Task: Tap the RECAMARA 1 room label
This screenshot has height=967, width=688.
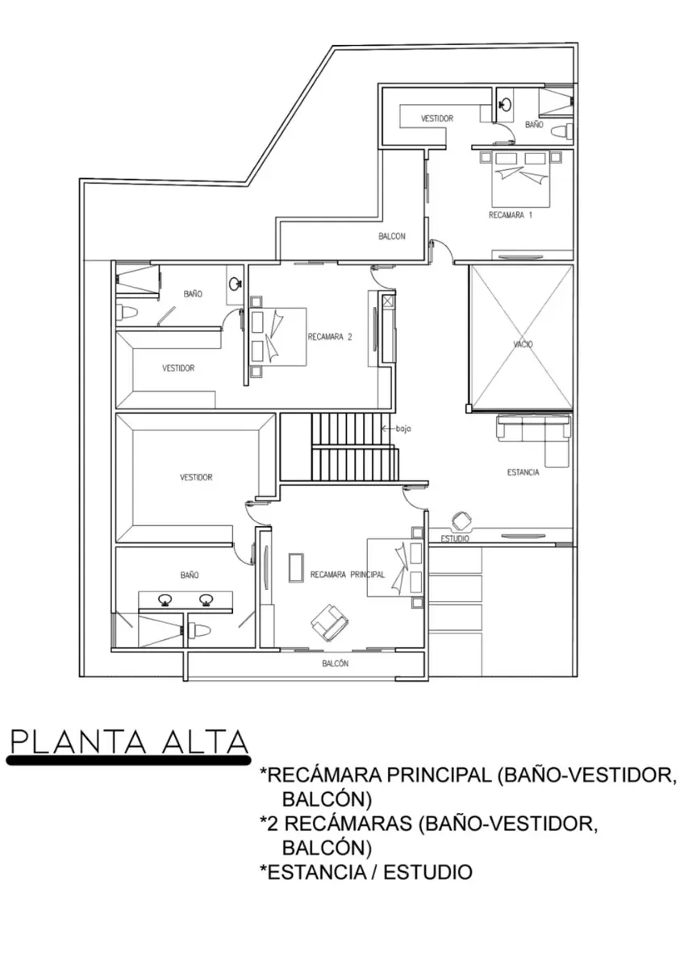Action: click(x=510, y=215)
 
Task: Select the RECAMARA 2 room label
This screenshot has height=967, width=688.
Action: click(x=330, y=337)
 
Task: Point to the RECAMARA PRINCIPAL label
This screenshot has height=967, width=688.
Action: click(x=348, y=575)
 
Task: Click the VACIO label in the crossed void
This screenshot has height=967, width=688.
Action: click(x=523, y=345)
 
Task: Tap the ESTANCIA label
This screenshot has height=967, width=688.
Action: click(x=523, y=472)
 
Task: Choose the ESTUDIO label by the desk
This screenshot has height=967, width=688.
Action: click(x=455, y=539)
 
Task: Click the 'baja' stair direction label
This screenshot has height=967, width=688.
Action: click(x=403, y=429)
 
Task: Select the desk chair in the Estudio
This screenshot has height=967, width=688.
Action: click(x=461, y=521)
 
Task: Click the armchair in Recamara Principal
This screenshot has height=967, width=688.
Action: click(x=330, y=624)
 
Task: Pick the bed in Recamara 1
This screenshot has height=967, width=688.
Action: click(x=520, y=179)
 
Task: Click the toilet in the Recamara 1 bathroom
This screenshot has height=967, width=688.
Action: click(x=564, y=131)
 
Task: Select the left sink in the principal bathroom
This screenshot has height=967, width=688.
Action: click(x=165, y=600)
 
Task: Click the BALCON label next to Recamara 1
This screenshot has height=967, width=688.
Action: click(x=392, y=236)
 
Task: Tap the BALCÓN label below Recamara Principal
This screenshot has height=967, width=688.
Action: click(x=336, y=663)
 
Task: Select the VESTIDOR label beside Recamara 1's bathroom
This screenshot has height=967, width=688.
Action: click(x=437, y=118)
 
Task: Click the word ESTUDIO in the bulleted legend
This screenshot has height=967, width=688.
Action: click(x=427, y=872)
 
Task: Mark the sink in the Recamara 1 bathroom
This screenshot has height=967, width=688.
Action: click(x=505, y=104)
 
